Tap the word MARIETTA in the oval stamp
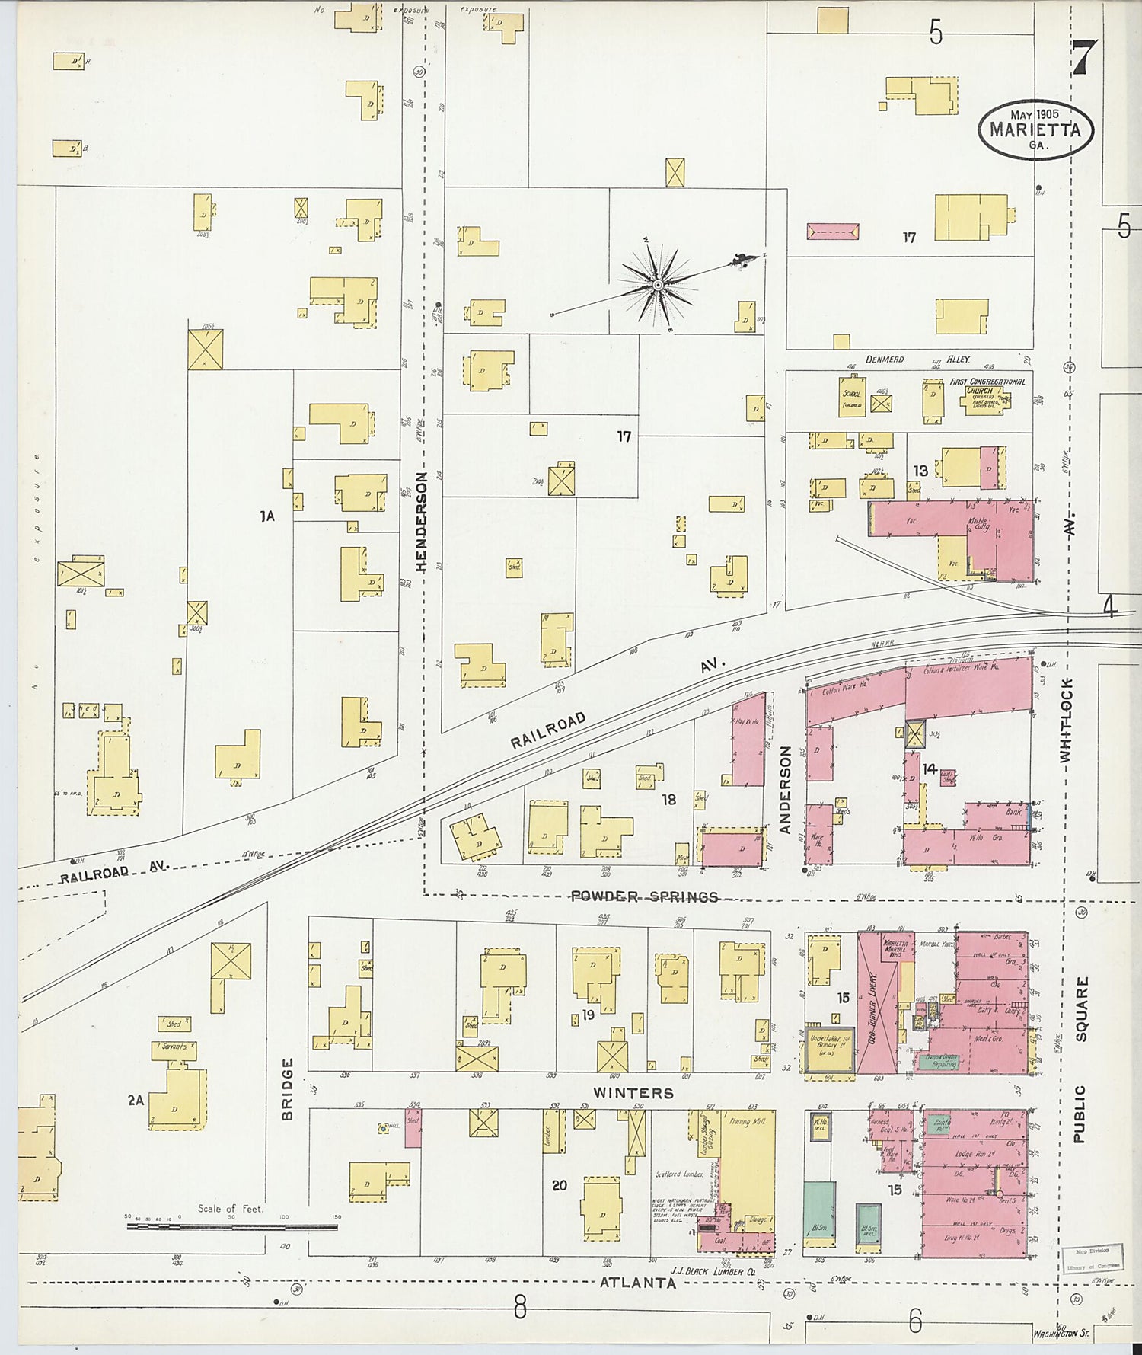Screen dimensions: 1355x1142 point(1035,129)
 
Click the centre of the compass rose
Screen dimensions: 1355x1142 point(657,285)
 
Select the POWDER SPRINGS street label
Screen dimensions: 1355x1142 point(644,896)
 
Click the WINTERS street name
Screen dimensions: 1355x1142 point(633,1093)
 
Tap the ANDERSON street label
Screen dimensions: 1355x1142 point(786,789)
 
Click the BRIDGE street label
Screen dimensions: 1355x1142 point(288,1088)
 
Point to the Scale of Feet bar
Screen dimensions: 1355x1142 point(231,1227)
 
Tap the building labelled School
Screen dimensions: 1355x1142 point(852,397)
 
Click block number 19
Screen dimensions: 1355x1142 point(587,1015)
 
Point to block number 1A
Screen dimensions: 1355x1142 point(266,516)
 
